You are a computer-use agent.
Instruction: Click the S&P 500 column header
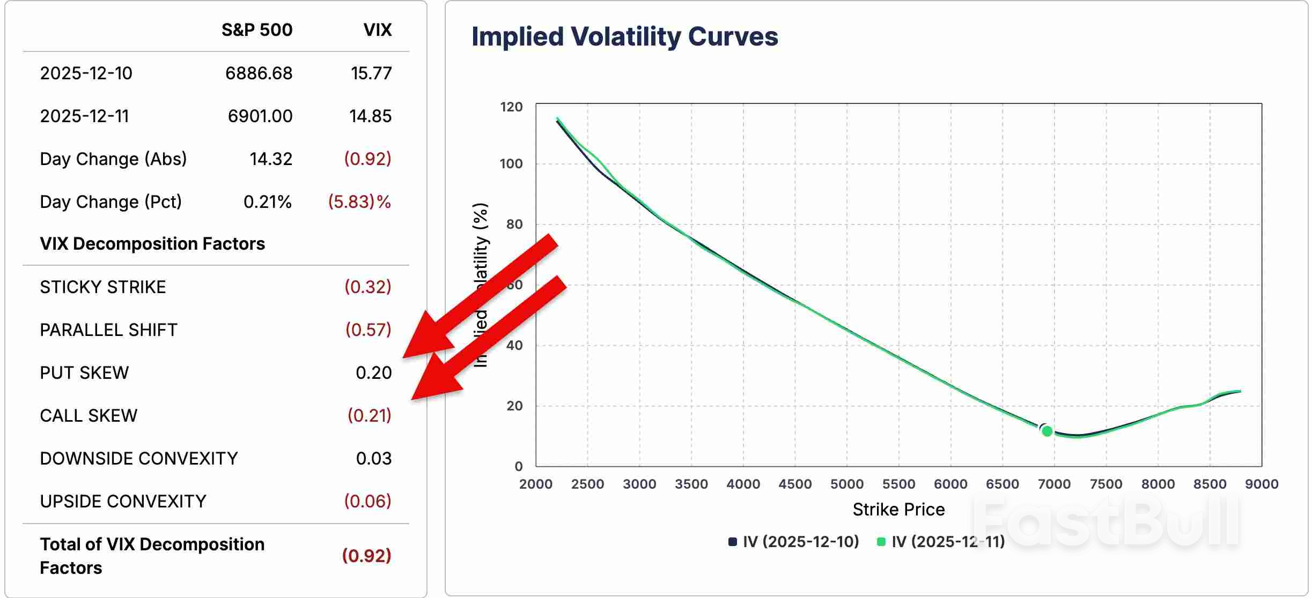pos(257,30)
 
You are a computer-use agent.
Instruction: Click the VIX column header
pos(377,30)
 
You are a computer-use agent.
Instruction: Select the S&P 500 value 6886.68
pos(259,73)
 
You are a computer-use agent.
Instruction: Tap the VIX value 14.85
pos(370,116)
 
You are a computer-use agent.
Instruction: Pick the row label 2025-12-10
pos(86,73)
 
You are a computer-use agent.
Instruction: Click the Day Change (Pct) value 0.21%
pos(267,202)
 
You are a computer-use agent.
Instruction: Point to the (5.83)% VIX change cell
pos(359,202)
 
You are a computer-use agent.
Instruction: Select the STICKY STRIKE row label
pos(103,287)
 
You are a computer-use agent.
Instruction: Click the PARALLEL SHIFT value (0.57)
pos(368,330)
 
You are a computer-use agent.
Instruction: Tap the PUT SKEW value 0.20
pos(373,373)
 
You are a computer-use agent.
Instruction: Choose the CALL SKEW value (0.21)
pos(369,416)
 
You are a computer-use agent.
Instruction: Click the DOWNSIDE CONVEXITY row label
pos(139,459)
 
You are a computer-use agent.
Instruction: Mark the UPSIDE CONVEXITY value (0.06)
pos(367,502)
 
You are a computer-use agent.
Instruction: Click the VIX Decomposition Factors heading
pos(152,244)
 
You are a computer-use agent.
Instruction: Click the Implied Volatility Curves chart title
pos(624,37)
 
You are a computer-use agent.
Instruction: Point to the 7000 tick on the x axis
pos(1054,484)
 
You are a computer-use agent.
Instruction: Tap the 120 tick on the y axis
pos(511,107)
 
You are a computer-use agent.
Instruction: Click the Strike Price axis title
pos(898,510)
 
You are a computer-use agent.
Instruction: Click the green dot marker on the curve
pos(1047,431)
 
